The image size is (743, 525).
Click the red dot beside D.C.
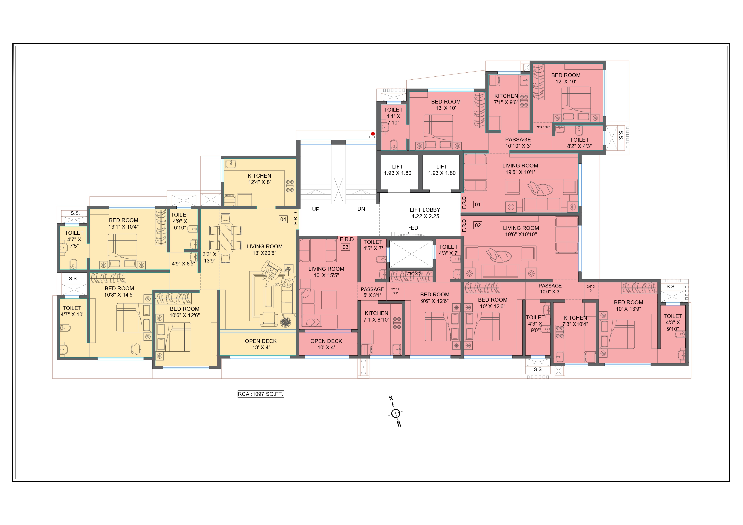tap(373, 134)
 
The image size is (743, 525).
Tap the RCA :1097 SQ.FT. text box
tap(260, 394)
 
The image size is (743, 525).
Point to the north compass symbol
tap(396, 413)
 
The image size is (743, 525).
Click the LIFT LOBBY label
tap(425, 213)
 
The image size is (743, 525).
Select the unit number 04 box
tap(283, 219)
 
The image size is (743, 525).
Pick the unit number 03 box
tap(345, 247)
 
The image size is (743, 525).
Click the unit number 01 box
tap(478, 204)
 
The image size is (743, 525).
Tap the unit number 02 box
tap(478, 225)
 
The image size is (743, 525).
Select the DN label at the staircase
tap(361, 209)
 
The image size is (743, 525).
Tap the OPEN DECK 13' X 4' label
tap(261, 344)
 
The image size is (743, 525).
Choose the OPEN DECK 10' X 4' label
tap(326, 344)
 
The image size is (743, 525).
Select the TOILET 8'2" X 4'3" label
tap(579, 143)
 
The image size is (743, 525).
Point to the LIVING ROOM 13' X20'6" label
tap(264, 250)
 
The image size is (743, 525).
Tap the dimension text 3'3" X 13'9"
tap(210, 257)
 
